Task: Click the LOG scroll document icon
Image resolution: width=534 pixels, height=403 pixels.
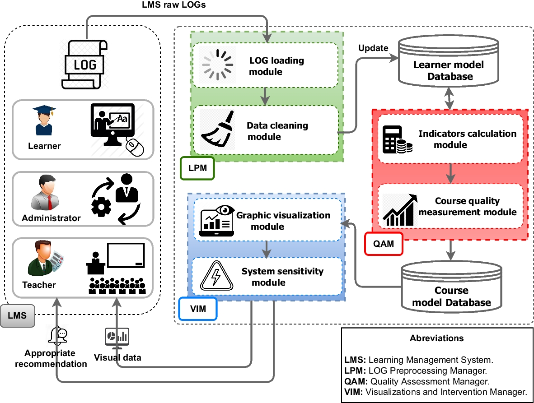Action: [x=85, y=64]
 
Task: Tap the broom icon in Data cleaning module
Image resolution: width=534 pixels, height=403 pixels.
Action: [x=217, y=130]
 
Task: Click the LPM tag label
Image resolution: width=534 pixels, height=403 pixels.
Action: [x=197, y=168]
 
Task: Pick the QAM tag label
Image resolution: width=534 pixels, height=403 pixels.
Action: [x=383, y=244]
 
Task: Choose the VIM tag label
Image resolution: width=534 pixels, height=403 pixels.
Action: [x=198, y=308]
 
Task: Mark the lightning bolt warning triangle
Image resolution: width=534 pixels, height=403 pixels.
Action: [x=216, y=276]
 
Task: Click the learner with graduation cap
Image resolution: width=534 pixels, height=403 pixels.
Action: [x=44, y=121]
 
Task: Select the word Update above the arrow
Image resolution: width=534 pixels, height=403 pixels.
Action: [x=373, y=48]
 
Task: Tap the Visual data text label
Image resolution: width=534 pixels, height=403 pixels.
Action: [x=117, y=357]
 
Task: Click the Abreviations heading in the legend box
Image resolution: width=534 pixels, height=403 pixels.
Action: [x=436, y=338]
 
